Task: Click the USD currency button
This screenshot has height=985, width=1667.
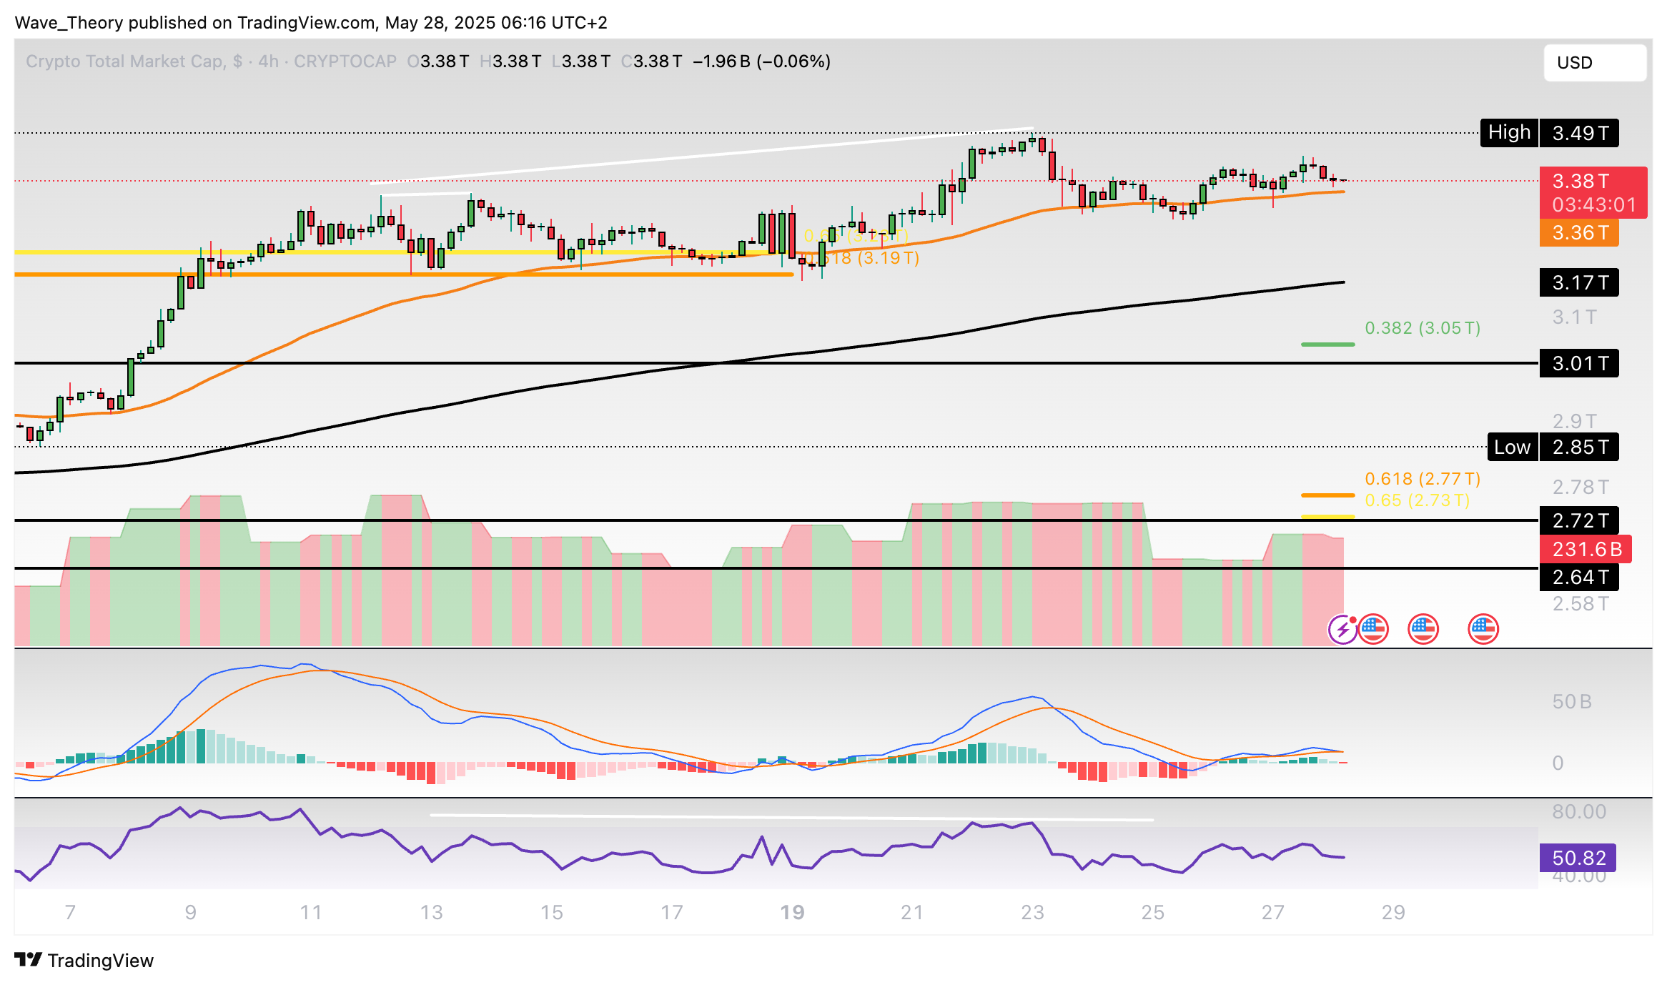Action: click(1594, 63)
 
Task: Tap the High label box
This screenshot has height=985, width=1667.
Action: click(1509, 133)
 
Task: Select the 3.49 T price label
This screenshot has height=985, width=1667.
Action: click(1579, 133)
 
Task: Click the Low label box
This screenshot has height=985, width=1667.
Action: click(1512, 447)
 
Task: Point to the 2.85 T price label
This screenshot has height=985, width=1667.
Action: click(1579, 447)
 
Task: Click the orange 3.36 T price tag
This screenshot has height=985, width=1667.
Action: click(1579, 233)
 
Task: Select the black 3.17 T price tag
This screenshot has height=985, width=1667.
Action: click(1579, 283)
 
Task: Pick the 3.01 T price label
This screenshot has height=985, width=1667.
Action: click(1579, 364)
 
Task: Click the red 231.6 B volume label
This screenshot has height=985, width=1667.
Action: click(1586, 549)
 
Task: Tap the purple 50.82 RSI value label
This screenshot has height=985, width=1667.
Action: click(1578, 858)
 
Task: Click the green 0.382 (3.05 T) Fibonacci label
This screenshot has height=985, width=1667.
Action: click(1423, 328)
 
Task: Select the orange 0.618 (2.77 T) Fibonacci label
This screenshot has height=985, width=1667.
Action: click(1423, 479)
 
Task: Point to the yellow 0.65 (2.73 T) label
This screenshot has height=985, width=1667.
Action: click(1417, 500)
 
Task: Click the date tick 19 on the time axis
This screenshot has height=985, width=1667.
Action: click(792, 912)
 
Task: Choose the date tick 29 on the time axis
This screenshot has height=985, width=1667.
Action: click(1393, 912)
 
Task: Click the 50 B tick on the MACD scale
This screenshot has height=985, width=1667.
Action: click(1571, 702)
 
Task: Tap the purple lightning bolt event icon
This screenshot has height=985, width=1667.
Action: click(1342, 630)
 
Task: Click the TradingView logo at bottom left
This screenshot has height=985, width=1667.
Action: click(84, 960)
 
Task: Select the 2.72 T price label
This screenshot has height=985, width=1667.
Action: click(1579, 520)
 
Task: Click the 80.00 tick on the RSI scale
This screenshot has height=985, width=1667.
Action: click(1578, 812)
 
